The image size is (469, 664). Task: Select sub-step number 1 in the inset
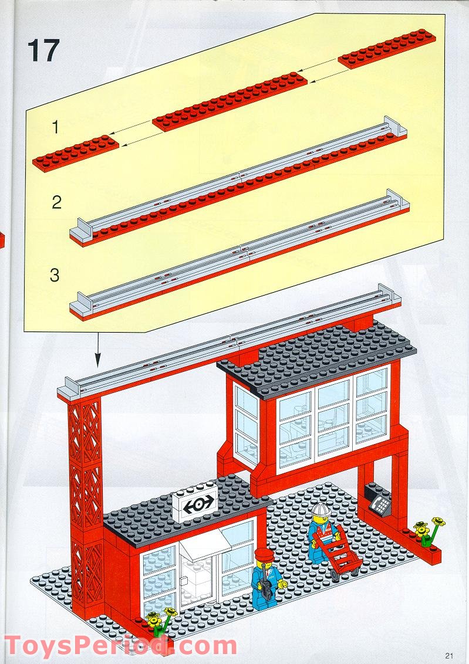point(55,127)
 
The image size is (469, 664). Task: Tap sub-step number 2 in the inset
point(56,202)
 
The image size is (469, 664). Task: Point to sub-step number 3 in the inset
point(55,275)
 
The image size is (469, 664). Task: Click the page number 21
point(450,656)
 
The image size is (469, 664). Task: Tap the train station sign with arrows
point(194,504)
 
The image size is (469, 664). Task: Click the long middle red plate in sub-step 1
point(230,101)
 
